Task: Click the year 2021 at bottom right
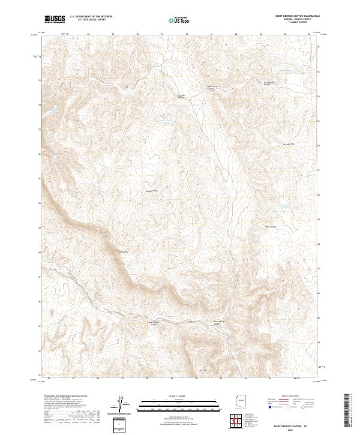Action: tap(296, 428)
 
